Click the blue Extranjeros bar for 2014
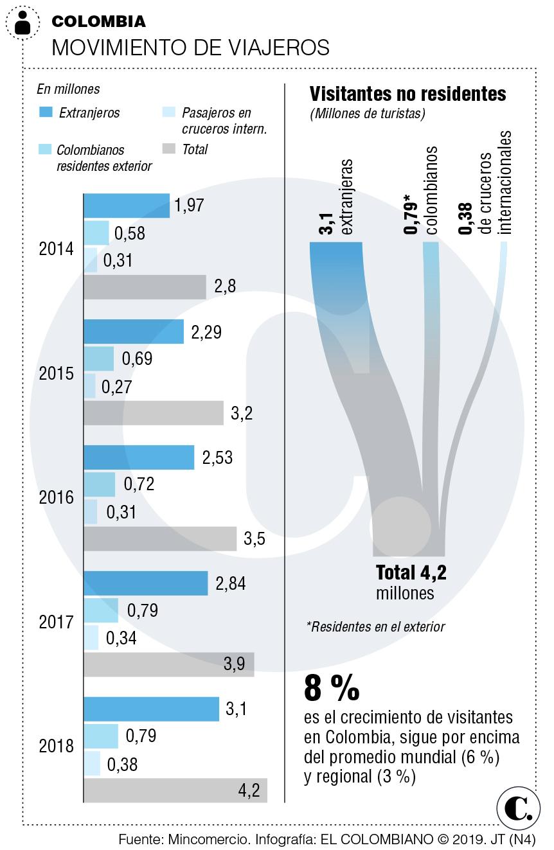click(x=127, y=206)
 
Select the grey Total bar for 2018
click(x=175, y=790)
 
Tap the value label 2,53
click(x=218, y=458)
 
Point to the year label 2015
click(x=57, y=374)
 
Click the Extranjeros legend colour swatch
click(x=46, y=112)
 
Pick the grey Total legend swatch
click(x=168, y=149)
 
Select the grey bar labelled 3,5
click(x=160, y=538)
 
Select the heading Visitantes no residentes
click(x=408, y=94)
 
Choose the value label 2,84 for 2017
click(x=231, y=583)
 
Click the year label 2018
click(x=57, y=747)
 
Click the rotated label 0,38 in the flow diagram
click(x=467, y=219)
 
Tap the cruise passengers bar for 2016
click(x=91, y=511)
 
